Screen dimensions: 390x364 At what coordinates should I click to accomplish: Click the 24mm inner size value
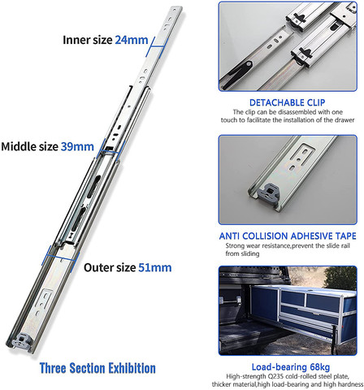pos(132,38)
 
